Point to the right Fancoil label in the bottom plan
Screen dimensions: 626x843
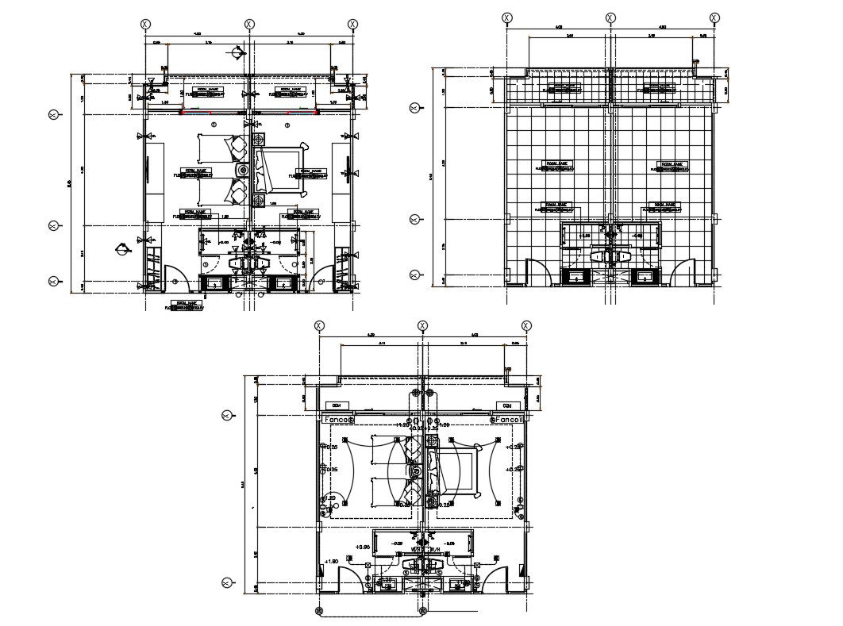tap(508, 418)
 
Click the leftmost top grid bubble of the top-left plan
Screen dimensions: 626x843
tap(145, 25)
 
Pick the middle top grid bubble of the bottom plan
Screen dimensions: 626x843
tap(422, 325)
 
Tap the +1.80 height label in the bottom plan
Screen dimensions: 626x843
tap(332, 562)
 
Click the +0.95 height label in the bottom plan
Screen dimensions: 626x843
tap(362, 547)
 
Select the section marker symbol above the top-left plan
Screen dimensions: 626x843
tap(237, 53)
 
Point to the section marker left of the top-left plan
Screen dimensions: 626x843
tap(121, 248)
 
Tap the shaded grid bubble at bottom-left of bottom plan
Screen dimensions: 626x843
tap(319, 610)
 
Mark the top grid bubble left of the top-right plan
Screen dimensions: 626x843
tap(414, 108)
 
